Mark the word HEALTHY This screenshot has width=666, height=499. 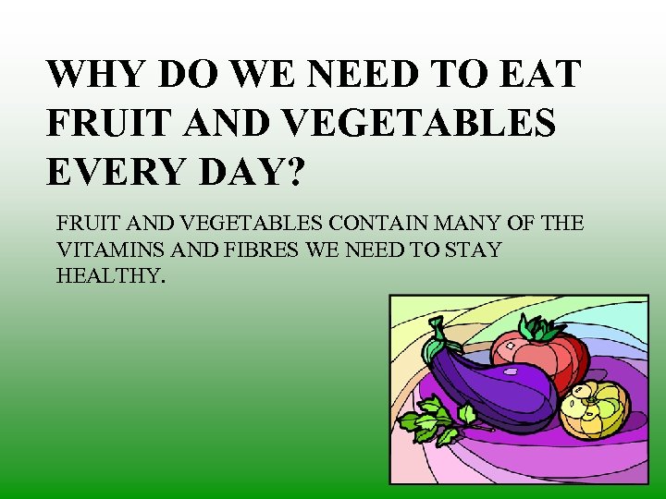(x=110, y=275)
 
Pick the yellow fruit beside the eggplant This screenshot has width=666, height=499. (x=595, y=409)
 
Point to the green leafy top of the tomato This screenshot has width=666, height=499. (x=541, y=328)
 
